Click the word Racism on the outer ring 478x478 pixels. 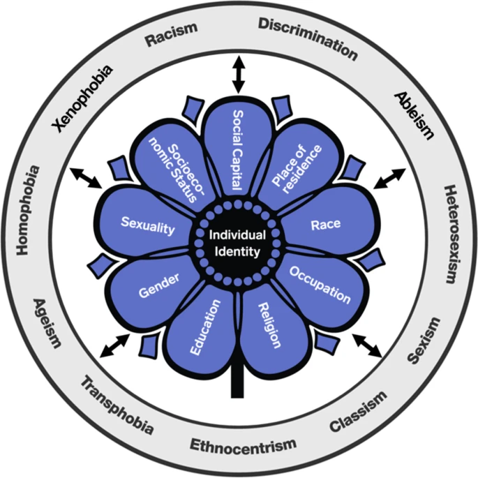(x=172, y=33)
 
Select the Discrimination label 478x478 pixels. (x=308, y=38)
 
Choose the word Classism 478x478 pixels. (x=357, y=413)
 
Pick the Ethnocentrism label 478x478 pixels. (x=244, y=444)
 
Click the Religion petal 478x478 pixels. (x=268, y=325)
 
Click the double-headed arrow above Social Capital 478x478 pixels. (x=239, y=75)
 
